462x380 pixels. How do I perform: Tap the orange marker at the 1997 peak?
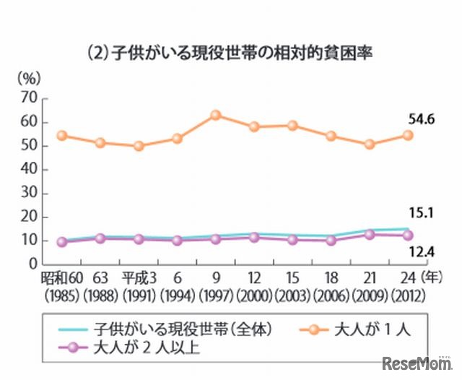[x=216, y=115]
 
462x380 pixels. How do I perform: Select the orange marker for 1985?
[x=62, y=135]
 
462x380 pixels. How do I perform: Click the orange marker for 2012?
[x=408, y=135]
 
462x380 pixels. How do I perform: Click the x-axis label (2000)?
[x=253, y=295]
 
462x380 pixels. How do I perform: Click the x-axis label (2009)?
[x=370, y=295]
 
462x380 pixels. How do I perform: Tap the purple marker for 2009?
[x=370, y=235]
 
